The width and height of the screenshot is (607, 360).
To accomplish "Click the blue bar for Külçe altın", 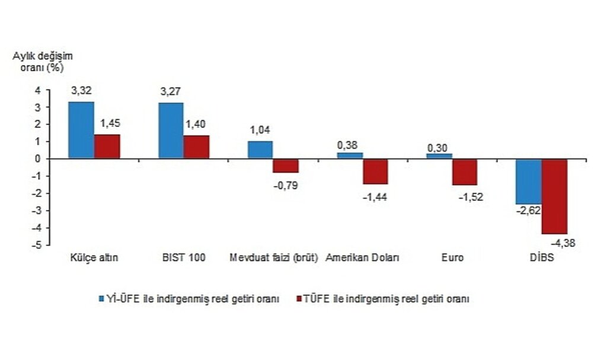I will pos(81,130).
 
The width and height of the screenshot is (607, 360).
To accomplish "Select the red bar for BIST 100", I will pos(196,146).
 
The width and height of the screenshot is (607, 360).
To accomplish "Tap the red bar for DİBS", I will pos(554,196).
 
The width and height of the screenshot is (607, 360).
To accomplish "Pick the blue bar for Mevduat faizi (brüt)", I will pos(260,149).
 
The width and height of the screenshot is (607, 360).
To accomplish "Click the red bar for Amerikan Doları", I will pos(375,171).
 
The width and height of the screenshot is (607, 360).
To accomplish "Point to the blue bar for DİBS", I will pos(528,181).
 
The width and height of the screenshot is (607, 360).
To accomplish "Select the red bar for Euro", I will pos(464,172).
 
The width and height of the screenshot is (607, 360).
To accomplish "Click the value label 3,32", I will pos(81,91).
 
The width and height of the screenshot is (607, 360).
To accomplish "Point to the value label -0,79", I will pos(285,184).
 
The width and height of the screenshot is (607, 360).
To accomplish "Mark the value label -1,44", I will pos(375,196).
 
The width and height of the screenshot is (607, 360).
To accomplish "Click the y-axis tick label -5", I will pos(37,246).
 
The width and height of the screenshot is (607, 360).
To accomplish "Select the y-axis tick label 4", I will pos(37,91).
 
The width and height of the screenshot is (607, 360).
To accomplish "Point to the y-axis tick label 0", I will pos(37,159).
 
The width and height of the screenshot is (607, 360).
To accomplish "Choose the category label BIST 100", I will pos(184,258).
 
